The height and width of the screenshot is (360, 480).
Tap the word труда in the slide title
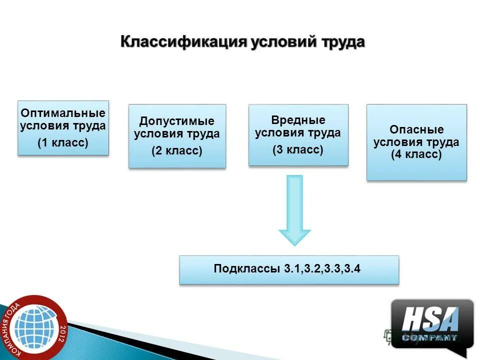pos(340,41)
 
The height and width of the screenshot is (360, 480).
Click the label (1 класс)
pos(63,143)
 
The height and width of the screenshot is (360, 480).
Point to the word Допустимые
pos(177,121)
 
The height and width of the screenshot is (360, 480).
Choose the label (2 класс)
pos(177,151)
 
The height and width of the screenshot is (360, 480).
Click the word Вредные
pos(298,120)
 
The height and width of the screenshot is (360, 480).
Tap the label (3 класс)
pos(298,149)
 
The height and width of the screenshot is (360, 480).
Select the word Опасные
pos(416,130)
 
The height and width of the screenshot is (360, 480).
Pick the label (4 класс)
pos(416,154)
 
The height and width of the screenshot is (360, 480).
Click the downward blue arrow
pos(294,210)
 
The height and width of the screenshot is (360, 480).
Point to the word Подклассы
pos(247,269)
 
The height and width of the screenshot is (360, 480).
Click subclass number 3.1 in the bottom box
pos(292,269)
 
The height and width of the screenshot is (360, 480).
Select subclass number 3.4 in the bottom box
pos(352,269)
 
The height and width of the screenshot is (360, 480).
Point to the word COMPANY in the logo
pos(430,338)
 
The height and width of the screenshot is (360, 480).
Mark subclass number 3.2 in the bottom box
pos(312,269)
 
